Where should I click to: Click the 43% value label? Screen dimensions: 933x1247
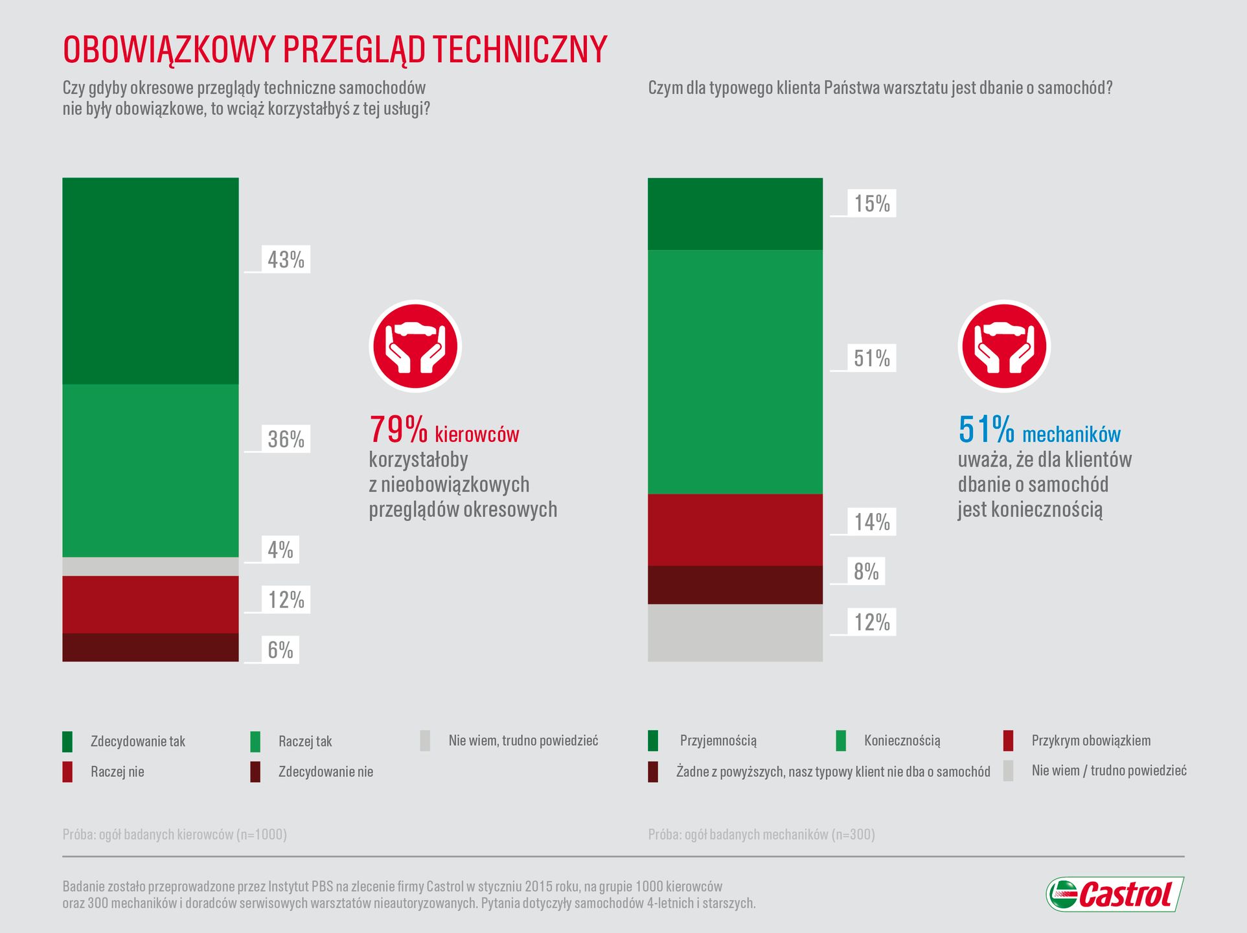coord(286,259)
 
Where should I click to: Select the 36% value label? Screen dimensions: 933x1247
coord(286,439)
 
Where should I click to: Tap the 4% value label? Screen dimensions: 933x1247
coord(280,549)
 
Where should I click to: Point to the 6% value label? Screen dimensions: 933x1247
coord(280,649)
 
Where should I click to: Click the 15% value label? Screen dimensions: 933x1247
coord(871,203)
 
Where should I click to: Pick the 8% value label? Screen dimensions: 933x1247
coord(866,571)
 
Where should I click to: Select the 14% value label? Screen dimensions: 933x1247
coord(871,522)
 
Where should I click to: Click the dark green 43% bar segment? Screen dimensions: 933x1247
coord(150,281)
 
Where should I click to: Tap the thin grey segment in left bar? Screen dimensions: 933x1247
coord(150,566)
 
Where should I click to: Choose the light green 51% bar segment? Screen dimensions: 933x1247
coord(735,372)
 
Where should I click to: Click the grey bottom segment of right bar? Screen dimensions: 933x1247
coord(735,632)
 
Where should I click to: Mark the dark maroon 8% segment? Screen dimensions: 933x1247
coord(735,584)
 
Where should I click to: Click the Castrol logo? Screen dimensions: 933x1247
coord(1114,895)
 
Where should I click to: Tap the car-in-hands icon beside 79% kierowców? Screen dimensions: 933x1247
coord(415,346)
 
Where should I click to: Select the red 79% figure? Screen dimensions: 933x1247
coord(398,429)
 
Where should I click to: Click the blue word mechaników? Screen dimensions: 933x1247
coord(1071,434)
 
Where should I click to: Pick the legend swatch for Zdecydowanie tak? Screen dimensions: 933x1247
coord(67,741)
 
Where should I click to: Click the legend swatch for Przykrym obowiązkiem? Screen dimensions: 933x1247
coord(1008,741)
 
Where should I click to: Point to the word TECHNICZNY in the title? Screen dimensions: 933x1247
coord(520,49)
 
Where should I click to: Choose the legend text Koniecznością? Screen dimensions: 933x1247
coord(902,741)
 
